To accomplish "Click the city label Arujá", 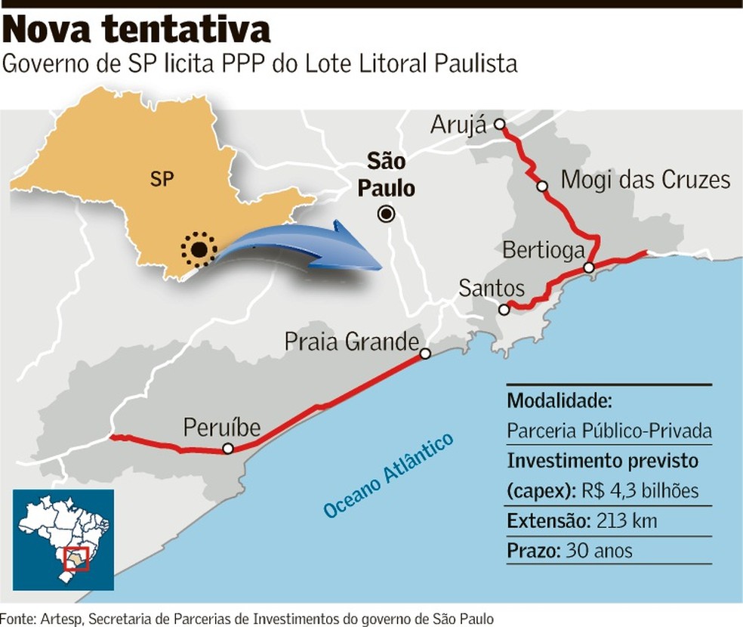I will click(458, 125).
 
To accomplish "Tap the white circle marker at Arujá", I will click(499, 125).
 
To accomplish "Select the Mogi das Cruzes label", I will click(646, 180).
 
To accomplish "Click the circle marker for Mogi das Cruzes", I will click(541, 186).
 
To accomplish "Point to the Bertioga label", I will click(544, 249).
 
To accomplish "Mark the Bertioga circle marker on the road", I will click(589, 267).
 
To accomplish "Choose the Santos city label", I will click(492, 288).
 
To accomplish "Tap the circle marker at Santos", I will click(504, 309).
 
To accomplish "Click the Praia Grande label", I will click(351, 341).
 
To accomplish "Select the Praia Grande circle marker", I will click(426, 354).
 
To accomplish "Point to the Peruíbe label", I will click(222, 428).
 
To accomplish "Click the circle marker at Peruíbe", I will click(227, 449).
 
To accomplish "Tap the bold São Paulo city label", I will click(386, 175).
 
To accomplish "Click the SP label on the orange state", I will click(161, 180).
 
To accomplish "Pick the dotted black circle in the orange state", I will click(199, 249).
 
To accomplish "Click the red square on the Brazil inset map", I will click(77, 558).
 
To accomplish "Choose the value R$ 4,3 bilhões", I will click(646, 491).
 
